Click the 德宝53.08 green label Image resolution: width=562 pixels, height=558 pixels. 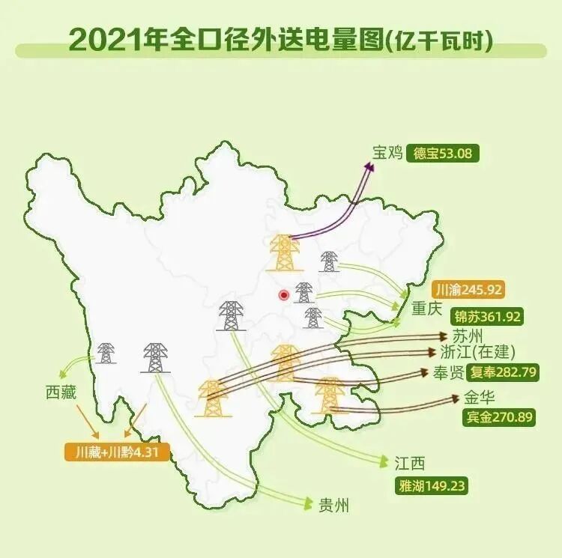[x=444, y=154]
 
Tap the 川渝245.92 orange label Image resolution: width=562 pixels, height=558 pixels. [x=468, y=289]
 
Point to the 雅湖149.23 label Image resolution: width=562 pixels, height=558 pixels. [x=432, y=485]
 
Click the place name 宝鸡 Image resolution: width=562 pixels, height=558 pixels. [x=388, y=154]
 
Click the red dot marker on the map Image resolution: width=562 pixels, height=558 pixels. [x=283, y=295]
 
